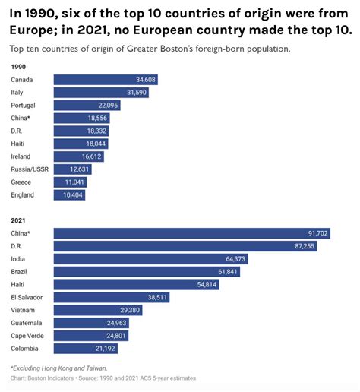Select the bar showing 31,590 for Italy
[101, 92]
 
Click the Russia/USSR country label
[30, 169]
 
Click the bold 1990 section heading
[18, 66]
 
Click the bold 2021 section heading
[18, 220]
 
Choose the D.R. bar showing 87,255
[185, 246]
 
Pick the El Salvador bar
[111, 297]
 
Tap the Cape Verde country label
[27, 336]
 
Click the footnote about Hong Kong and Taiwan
[54, 368]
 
